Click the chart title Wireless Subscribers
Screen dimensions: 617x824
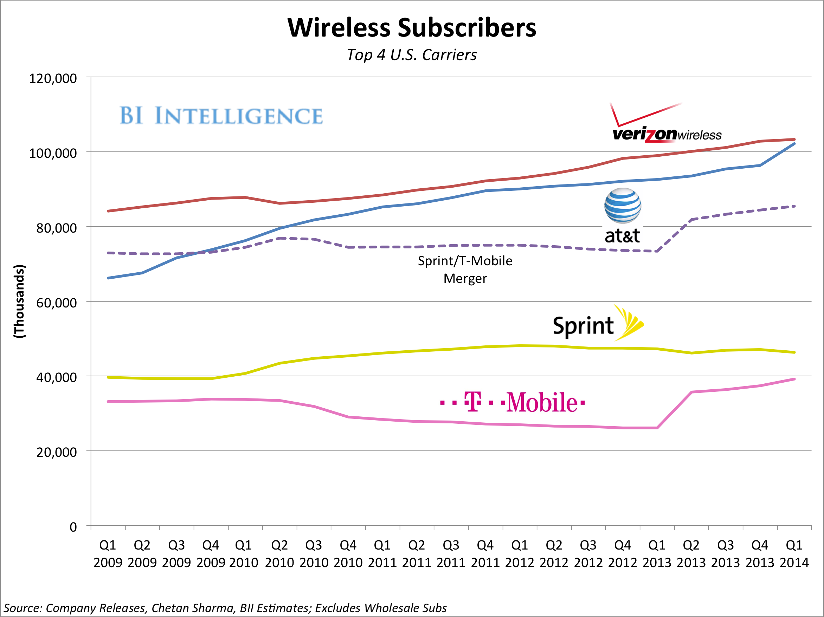point(412,27)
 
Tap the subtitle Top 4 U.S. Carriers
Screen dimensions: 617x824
point(412,55)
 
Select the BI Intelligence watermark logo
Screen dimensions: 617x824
point(221,116)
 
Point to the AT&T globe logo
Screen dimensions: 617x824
point(623,206)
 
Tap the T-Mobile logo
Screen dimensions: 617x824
point(513,403)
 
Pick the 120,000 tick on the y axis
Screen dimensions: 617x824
point(53,78)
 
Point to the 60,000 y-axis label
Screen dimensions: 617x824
point(56,303)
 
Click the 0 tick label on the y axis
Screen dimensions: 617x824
point(73,527)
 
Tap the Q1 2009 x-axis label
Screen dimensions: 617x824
point(108,554)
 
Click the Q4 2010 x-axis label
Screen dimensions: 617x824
point(348,554)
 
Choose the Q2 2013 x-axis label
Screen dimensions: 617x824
point(691,554)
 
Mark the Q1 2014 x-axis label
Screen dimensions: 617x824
point(794,554)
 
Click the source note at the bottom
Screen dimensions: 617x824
point(225,608)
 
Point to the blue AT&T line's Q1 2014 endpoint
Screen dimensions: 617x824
point(794,144)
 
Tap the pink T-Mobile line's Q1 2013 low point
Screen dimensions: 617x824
point(657,428)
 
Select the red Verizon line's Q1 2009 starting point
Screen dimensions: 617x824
point(108,211)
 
